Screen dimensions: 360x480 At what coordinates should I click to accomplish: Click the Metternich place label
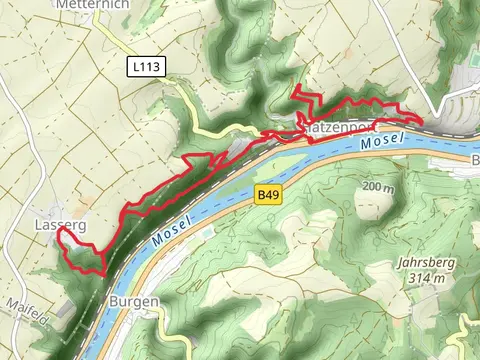(87, 4)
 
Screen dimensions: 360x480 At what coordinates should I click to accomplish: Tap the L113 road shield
(146, 66)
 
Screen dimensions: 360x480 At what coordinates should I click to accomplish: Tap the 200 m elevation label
(379, 188)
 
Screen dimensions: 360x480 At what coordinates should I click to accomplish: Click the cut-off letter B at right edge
(476, 160)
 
